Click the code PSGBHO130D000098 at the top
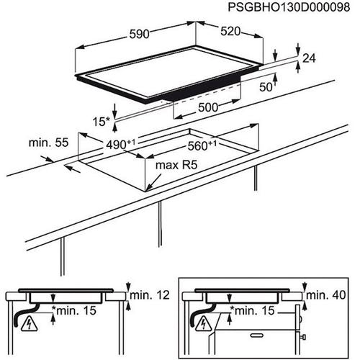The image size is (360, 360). click(289, 7)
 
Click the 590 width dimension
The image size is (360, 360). click(139, 34)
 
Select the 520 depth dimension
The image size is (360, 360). click(230, 32)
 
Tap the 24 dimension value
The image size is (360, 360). click(309, 58)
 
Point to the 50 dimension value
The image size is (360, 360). click(266, 87)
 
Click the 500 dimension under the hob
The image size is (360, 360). click(208, 107)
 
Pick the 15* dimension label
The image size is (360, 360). click(101, 122)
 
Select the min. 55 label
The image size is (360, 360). click(48, 143)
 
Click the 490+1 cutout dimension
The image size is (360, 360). click(120, 145)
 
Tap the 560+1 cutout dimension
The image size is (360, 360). click(202, 145)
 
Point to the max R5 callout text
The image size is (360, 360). click(176, 165)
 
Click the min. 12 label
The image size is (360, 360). click(150, 295)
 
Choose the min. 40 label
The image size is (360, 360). click(325, 295)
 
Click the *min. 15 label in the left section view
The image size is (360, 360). click(74, 310)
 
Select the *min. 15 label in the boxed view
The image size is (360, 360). click(252, 310)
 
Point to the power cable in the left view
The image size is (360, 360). click(23, 315)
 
